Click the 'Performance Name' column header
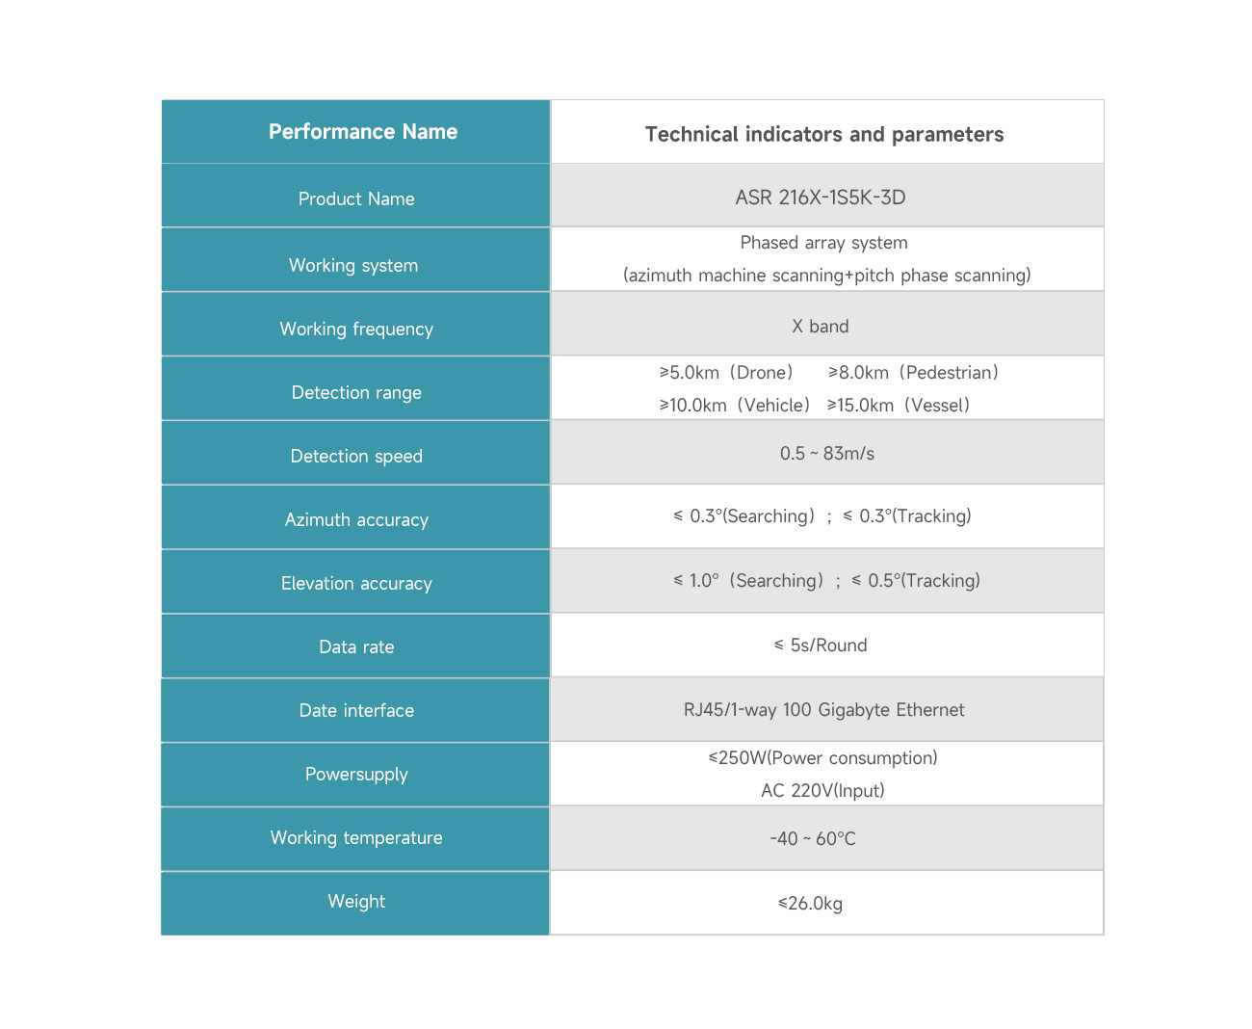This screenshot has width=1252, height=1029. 363,131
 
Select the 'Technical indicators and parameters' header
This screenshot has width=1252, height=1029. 824,134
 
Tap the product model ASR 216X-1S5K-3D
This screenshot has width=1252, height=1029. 820,198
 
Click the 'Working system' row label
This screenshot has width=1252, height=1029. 353,265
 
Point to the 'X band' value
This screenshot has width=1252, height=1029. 820,326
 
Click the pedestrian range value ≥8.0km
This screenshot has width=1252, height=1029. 858,372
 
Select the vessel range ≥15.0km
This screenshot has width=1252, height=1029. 860,405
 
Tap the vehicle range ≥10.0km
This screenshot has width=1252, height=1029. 692,405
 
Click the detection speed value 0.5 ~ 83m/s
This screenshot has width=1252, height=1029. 827,454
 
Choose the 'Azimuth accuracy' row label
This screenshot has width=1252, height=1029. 356,519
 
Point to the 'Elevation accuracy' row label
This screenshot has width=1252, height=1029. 356,583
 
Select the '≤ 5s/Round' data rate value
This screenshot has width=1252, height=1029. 821,645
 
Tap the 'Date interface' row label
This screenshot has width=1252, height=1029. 356,710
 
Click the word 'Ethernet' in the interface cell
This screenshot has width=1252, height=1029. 930,709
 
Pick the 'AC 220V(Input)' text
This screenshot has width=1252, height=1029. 822,790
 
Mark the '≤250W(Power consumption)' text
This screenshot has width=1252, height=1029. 822,757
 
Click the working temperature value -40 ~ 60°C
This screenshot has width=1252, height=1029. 813,838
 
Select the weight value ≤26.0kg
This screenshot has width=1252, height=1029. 810,903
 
